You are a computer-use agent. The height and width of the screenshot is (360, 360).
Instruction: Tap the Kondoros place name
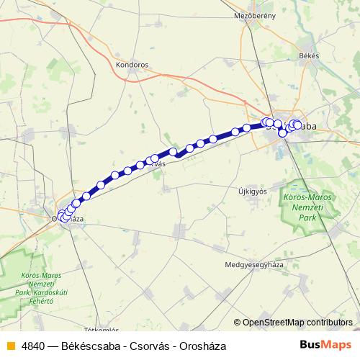click(x=131, y=64)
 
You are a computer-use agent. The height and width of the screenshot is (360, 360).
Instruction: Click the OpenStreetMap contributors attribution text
click(x=297, y=323)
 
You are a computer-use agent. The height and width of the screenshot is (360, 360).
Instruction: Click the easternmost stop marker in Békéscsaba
click(x=297, y=125)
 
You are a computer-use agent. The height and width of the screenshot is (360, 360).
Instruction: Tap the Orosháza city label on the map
click(x=68, y=218)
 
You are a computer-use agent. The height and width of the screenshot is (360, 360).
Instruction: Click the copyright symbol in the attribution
click(x=238, y=323)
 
